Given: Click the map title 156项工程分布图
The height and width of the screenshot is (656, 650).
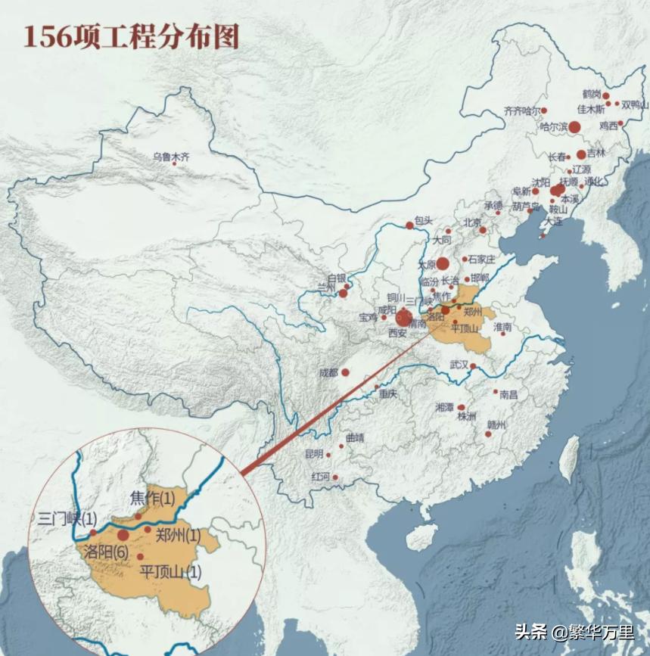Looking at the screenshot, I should coord(131,36).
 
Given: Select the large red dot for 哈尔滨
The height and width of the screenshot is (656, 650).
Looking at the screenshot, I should coord(574,127).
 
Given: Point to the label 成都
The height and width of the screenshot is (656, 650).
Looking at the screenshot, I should coord(328,372).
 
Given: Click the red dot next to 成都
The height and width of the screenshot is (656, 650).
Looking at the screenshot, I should coord(345,372).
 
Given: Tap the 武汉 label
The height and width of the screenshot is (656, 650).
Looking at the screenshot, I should coord(459,364).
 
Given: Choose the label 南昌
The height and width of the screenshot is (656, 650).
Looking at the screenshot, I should coord(508,394).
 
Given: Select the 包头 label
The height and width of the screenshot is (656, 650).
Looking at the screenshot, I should coord(424,220).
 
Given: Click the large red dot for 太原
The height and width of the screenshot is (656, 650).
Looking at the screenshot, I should coord(443,264).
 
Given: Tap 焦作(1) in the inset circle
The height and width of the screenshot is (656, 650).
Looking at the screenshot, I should coord(152,498).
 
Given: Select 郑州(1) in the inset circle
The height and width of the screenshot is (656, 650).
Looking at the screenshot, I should coord(178,535).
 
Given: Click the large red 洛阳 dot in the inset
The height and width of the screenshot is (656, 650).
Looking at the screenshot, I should coord(123,535).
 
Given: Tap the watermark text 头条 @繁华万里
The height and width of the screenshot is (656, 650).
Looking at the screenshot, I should coord(574,632).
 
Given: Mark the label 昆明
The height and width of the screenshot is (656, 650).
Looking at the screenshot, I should coord(314,454).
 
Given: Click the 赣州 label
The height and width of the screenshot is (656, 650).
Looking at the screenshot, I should coord(497,424).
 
